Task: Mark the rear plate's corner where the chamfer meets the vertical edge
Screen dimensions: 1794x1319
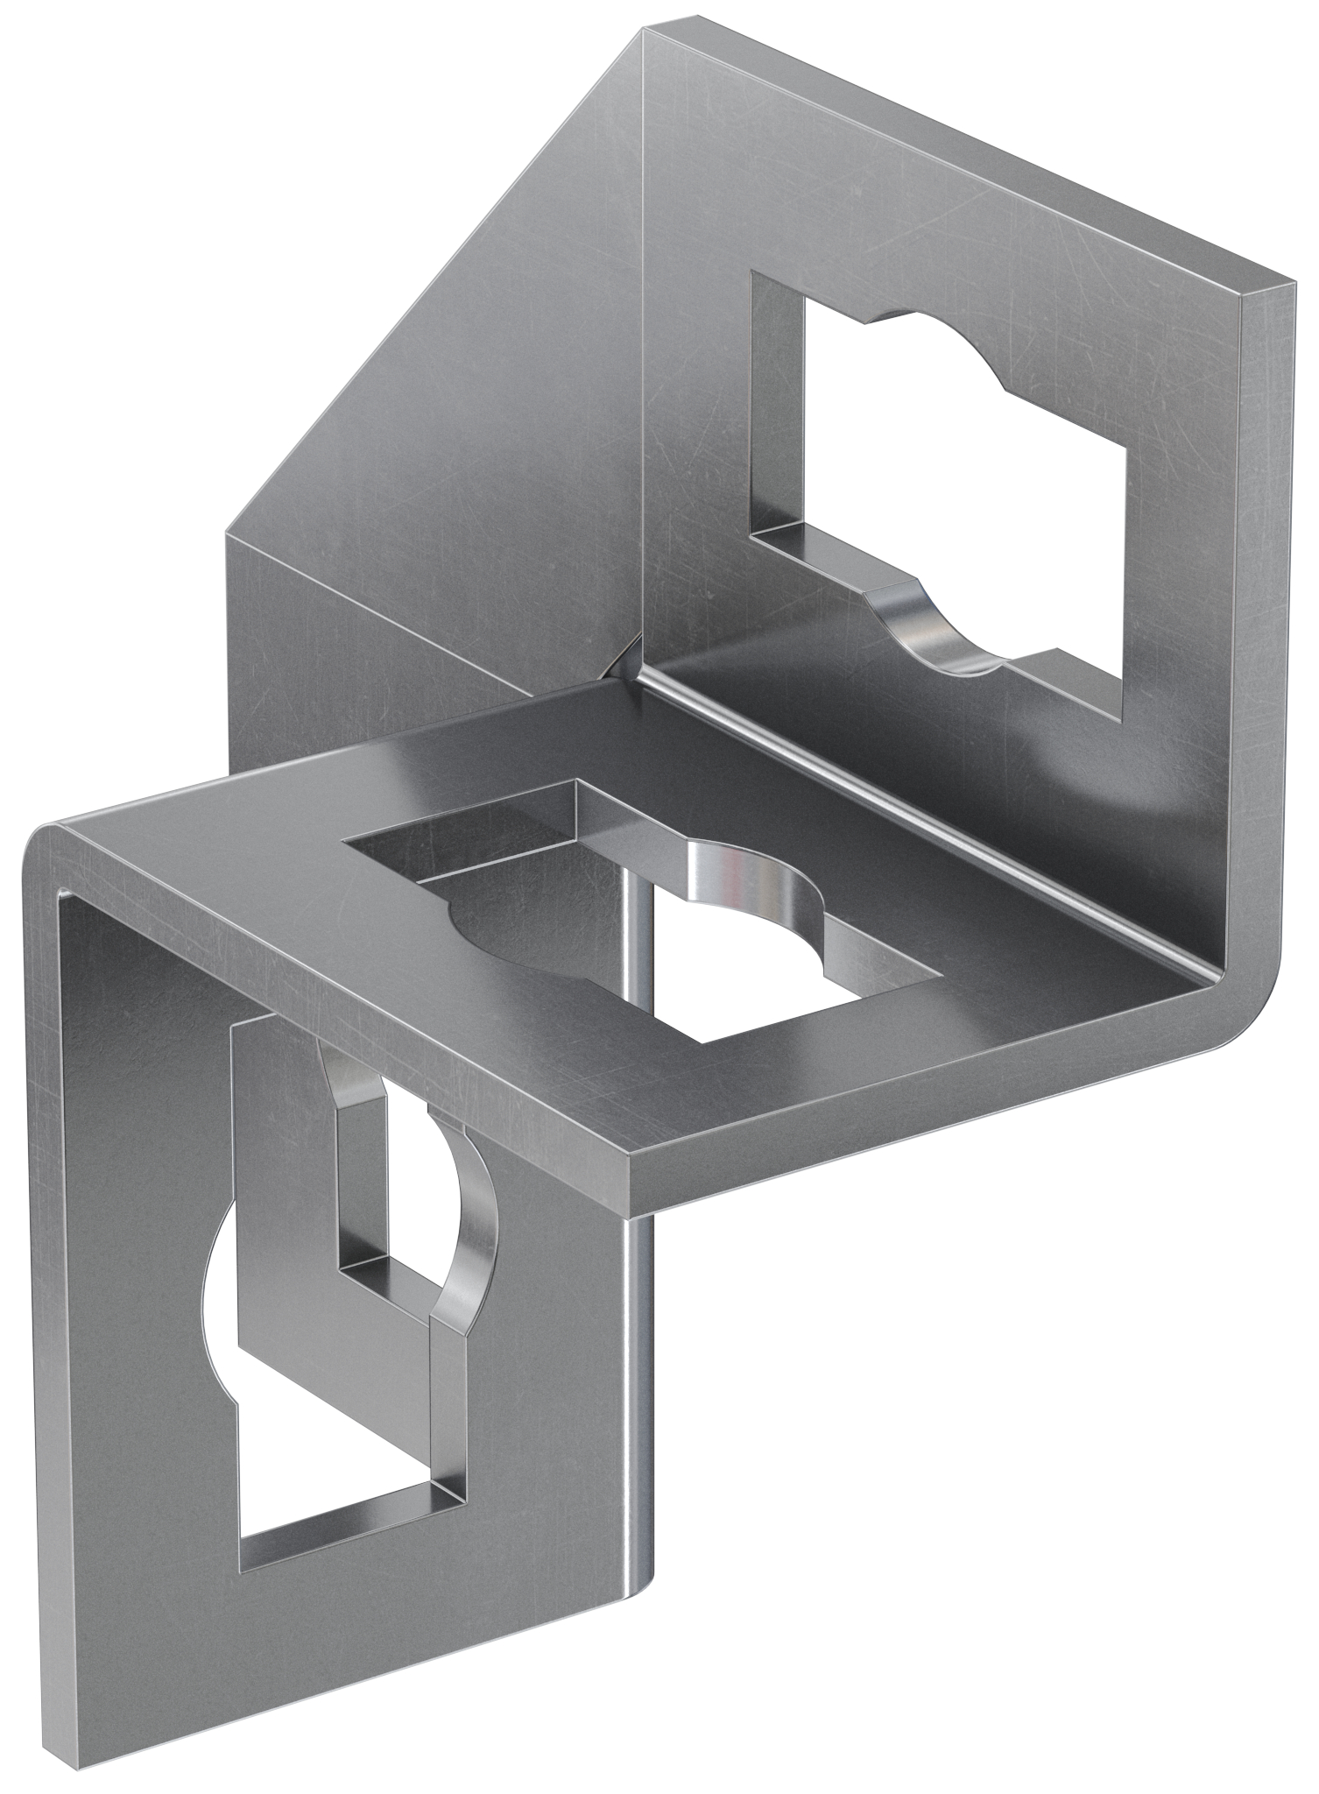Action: click(x=229, y=531)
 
